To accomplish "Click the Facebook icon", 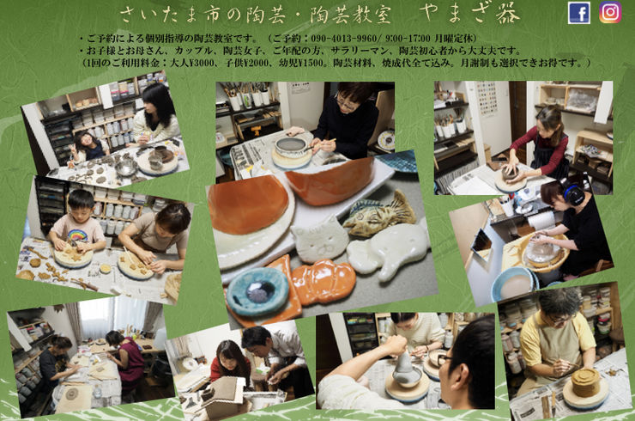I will pos(579,13).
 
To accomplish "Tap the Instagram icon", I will pos(609,13).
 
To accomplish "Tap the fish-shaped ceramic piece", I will pos(378,215).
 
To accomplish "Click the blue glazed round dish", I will pos(257,292).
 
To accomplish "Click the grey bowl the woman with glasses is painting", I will pos(293,151).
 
